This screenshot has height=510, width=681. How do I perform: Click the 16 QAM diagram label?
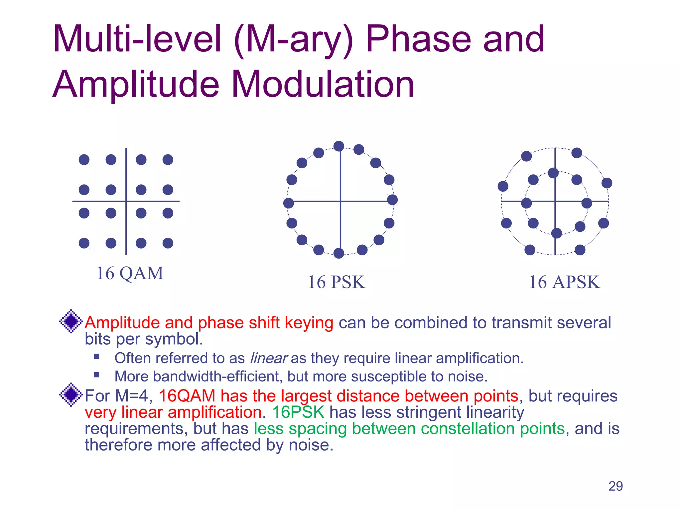[130, 274]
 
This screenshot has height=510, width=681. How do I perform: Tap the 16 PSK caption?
[337, 282]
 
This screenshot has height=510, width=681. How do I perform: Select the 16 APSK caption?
[564, 282]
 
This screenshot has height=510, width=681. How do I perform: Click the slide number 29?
[615, 486]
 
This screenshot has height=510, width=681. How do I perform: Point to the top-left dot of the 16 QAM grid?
[84, 160]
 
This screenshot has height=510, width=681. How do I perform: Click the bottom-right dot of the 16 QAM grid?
[168, 243]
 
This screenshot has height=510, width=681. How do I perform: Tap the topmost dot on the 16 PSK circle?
[339, 146]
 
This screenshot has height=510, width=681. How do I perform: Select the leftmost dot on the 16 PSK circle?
[288, 203]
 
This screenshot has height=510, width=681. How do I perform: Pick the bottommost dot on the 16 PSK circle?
[339, 253]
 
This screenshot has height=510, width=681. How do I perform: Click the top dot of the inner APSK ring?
[553, 173]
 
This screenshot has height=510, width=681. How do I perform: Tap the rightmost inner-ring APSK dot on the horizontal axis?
[587, 203]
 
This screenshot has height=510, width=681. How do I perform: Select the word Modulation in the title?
[323, 84]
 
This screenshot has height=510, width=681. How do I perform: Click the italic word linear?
[268, 358]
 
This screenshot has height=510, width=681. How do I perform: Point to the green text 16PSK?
[298, 412]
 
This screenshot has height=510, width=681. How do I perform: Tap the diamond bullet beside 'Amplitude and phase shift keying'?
[71, 321]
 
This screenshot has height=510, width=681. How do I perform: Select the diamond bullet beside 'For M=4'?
[71, 394]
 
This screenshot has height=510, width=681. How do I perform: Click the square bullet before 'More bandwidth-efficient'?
[97, 375]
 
